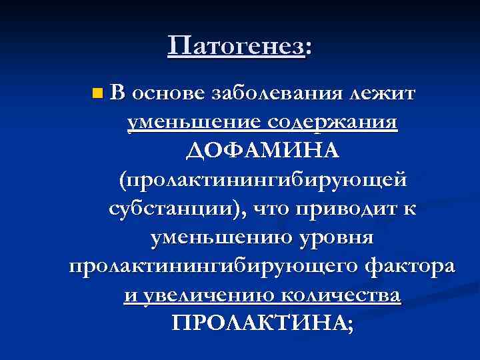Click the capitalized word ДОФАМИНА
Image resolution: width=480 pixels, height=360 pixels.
tap(263, 151)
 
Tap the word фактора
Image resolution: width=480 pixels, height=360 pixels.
tap(409, 265)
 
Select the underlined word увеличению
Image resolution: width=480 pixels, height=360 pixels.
tap(208, 294)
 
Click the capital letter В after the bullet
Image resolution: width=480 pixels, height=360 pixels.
tap(118, 93)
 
